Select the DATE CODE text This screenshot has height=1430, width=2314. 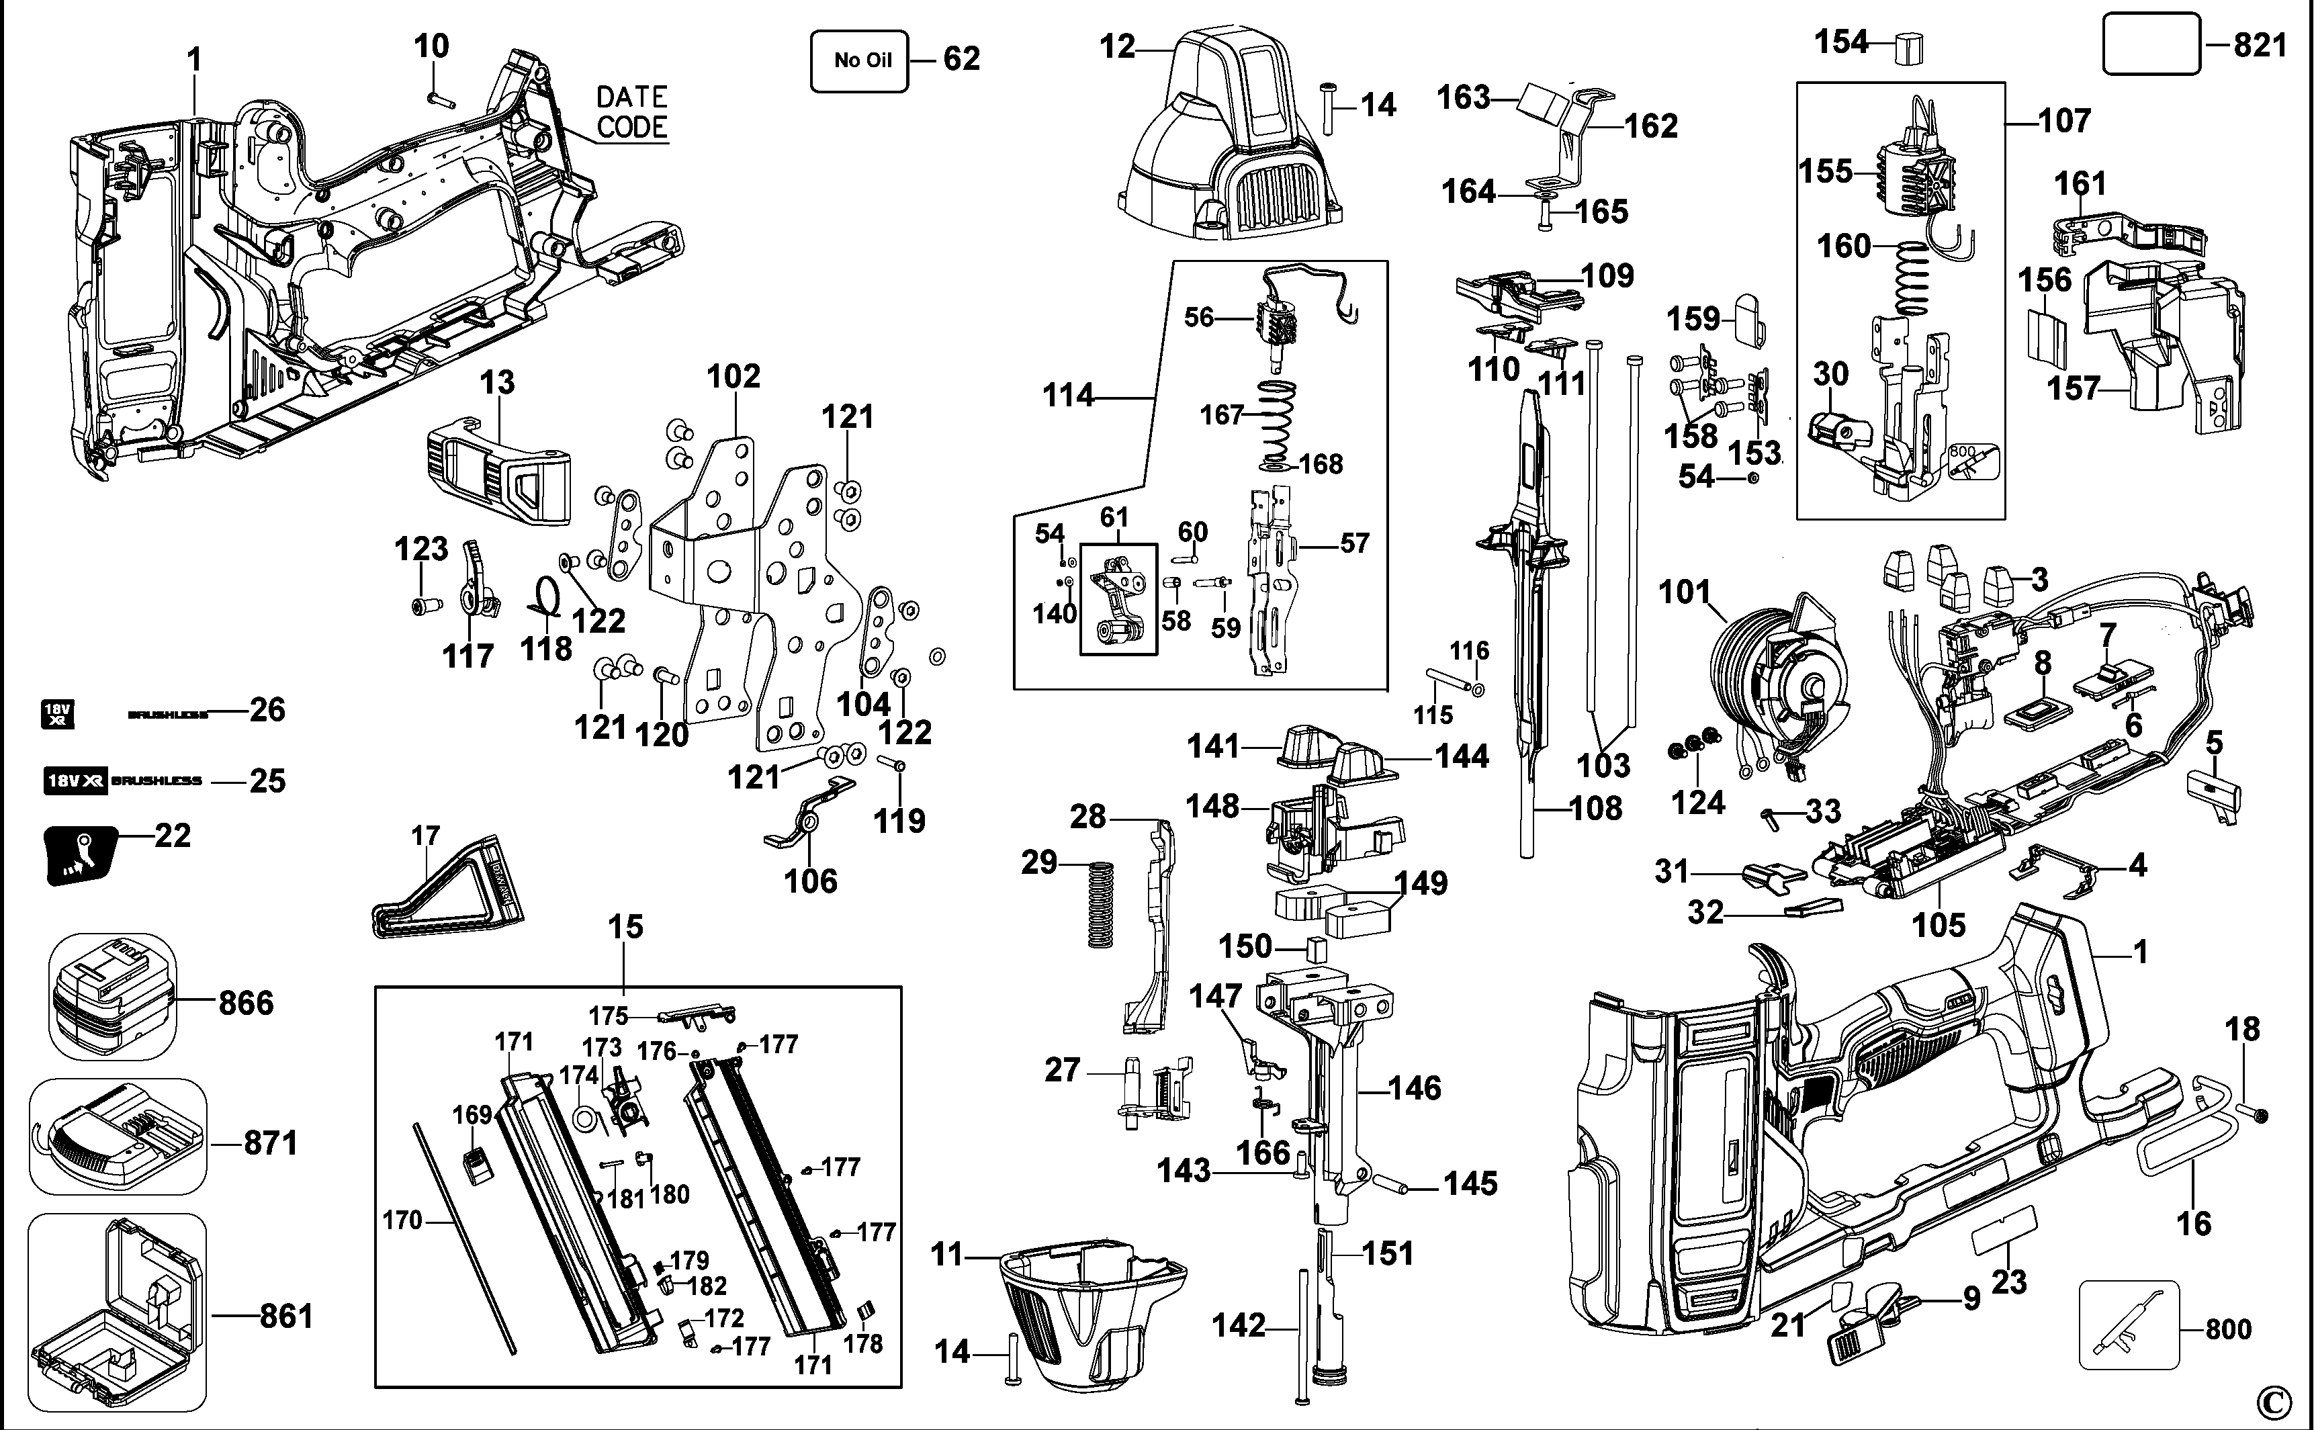pyautogui.click(x=631, y=111)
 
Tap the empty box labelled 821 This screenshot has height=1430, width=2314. pyautogui.click(x=2149, y=44)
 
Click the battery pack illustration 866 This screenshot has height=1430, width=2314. pyautogui.click(x=112, y=998)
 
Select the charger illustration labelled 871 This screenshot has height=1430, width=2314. pyautogui.click(x=118, y=1138)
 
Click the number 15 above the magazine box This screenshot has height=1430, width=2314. pyautogui.click(x=625, y=927)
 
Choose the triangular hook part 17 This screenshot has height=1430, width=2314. pyautogui.click(x=445, y=889)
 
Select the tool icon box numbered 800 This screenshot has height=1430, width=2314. pyautogui.click(x=2129, y=1324)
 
